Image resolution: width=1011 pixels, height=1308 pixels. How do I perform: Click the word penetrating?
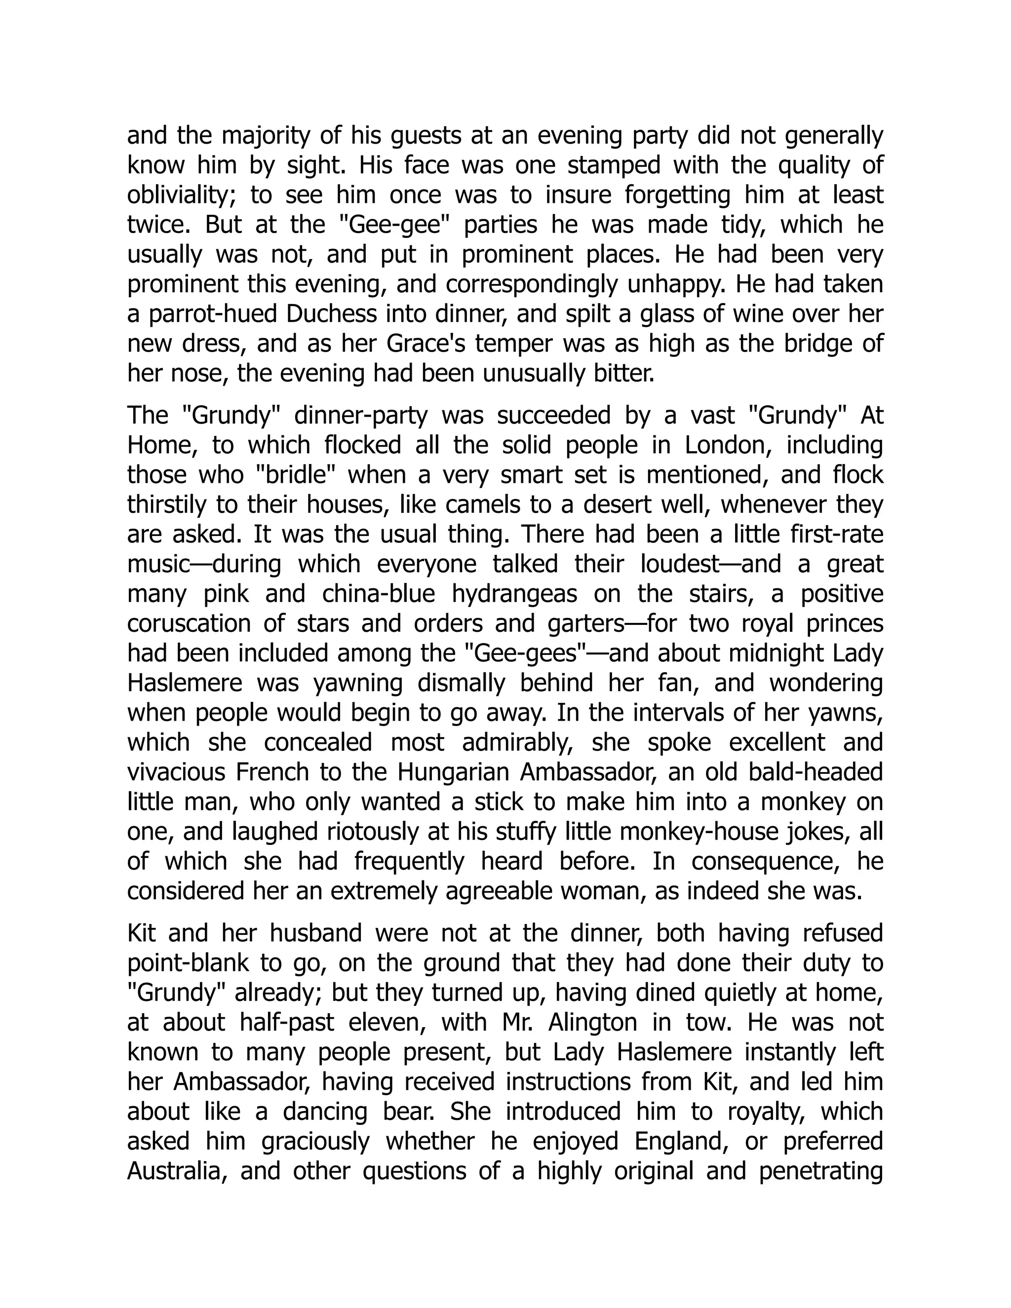pos(821,1171)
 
